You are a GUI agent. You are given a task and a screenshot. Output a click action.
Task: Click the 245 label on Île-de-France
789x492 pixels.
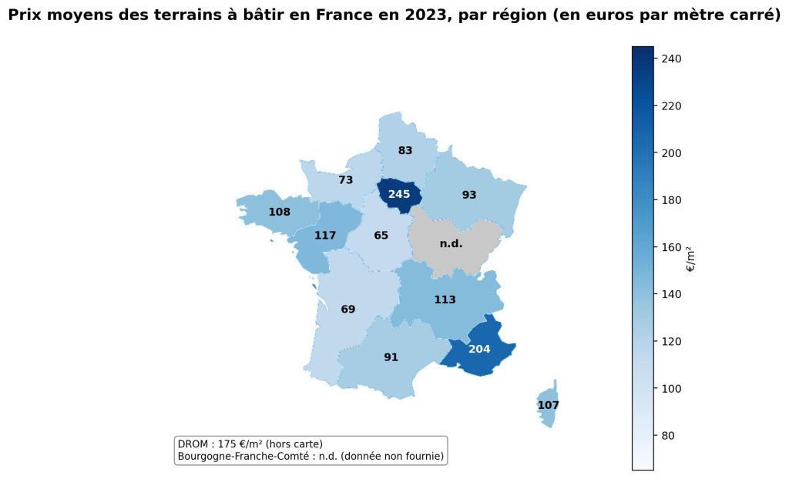(399, 195)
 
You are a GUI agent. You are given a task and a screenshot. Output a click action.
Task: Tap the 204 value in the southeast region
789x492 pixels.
(479, 349)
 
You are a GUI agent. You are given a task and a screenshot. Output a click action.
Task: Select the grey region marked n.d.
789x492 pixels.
(451, 244)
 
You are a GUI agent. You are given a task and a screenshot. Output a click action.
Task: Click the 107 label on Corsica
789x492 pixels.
(549, 405)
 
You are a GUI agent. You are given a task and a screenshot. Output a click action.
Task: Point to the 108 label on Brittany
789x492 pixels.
(279, 213)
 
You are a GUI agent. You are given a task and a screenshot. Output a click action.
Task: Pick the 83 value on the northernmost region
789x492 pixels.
(405, 151)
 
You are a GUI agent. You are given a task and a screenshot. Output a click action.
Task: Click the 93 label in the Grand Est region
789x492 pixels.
(469, 196)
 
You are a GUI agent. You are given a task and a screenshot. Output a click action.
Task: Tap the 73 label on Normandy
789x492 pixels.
(346, 180)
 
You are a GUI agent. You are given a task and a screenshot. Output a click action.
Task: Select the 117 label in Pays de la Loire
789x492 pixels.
(325, 236)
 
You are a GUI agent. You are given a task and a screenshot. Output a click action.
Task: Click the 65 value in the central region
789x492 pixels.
(381, 236)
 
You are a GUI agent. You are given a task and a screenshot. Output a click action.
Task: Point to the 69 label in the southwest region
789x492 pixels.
(348, 310)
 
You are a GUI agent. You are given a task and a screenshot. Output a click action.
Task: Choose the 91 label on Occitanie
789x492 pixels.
(391, 357)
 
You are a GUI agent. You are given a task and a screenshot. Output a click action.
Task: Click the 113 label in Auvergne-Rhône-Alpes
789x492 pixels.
(445, 300)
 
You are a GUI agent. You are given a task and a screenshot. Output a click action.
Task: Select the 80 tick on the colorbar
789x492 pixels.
(670, 436)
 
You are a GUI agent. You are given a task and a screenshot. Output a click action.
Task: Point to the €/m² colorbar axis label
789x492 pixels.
(691, 259)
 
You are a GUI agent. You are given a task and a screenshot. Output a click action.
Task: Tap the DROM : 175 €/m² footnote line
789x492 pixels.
(250, 444)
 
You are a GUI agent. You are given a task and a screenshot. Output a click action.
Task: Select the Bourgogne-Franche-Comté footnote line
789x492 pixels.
(311, 457)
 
